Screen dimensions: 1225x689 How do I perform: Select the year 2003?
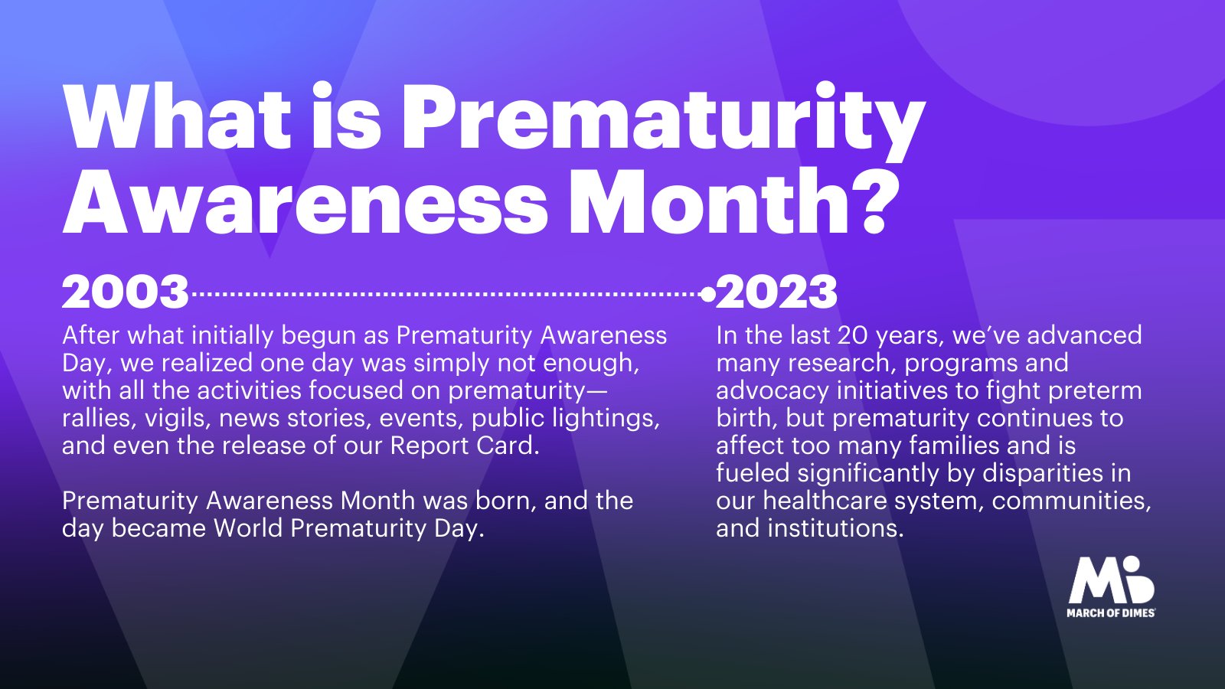pos(126,292)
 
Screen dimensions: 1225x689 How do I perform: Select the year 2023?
pos(776,292)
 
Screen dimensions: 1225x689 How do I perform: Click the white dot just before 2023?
pos(707,294)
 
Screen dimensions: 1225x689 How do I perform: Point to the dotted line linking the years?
pos(446,294)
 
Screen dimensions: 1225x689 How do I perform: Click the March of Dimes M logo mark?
pos(1111,580)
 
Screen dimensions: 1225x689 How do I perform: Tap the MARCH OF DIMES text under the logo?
pos(1111,613)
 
